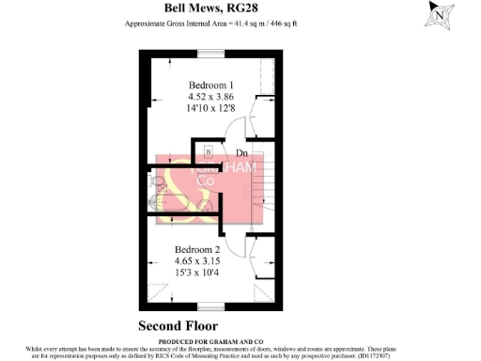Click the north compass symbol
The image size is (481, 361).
pos(438,15)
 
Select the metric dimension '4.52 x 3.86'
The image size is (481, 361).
pos(211,97)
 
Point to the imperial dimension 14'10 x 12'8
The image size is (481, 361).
pos(211,109)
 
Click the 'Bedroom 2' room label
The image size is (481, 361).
pos(198,250)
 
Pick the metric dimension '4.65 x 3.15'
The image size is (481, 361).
pos(198,261)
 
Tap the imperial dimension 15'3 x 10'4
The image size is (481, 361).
pos(198,274)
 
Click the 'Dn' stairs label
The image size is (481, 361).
pos(241,152)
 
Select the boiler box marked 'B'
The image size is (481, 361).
pos(208,150)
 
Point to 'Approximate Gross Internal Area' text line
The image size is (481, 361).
pos(211,24)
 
